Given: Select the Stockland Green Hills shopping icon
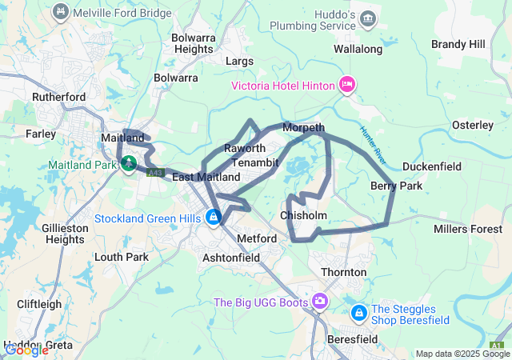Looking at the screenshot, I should pos(213,217).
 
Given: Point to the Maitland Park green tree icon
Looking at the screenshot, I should pos(128,165).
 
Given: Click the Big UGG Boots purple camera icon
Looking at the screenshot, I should pos(320,301).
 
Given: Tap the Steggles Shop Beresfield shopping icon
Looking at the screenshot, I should pos(358,310).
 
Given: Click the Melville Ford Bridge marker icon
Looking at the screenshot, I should pos(59,12).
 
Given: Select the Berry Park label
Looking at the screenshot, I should pos(396,186).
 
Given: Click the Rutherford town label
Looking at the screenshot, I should pos(58,97).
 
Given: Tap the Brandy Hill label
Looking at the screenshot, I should pos(458,44).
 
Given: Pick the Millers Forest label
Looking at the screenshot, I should pos(467,230).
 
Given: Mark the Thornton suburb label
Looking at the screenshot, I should pos(343,272).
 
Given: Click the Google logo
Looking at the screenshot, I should pos(26,350).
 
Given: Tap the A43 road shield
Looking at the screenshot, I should pos(156,172).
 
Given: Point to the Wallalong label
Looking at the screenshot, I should pos(358,49).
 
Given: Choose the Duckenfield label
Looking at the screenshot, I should pos(431,166).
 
